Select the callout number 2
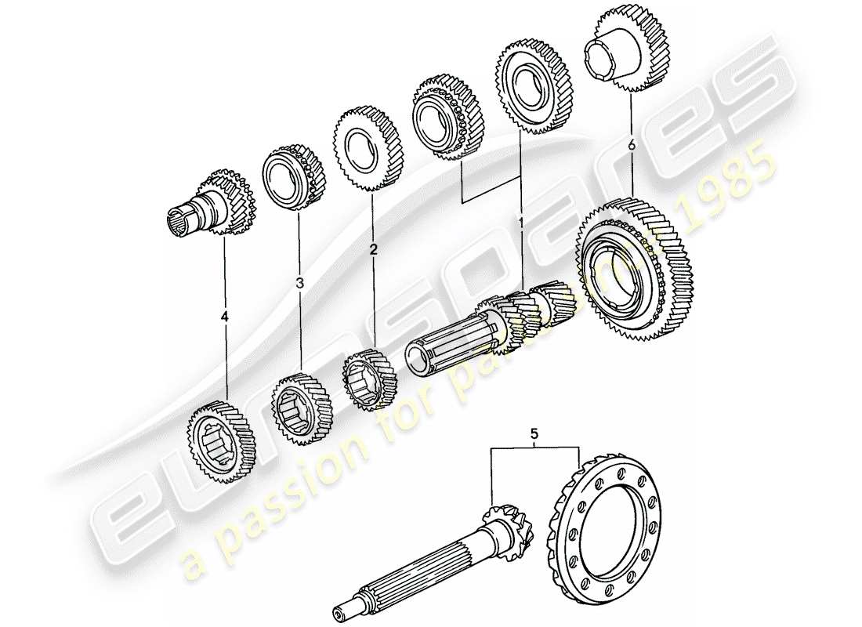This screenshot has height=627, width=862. tap(374, 250)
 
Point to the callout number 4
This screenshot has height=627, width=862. tap(226, 317)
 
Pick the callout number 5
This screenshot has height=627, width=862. tap(534, 432)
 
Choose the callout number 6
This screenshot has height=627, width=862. tap(631, 144)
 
